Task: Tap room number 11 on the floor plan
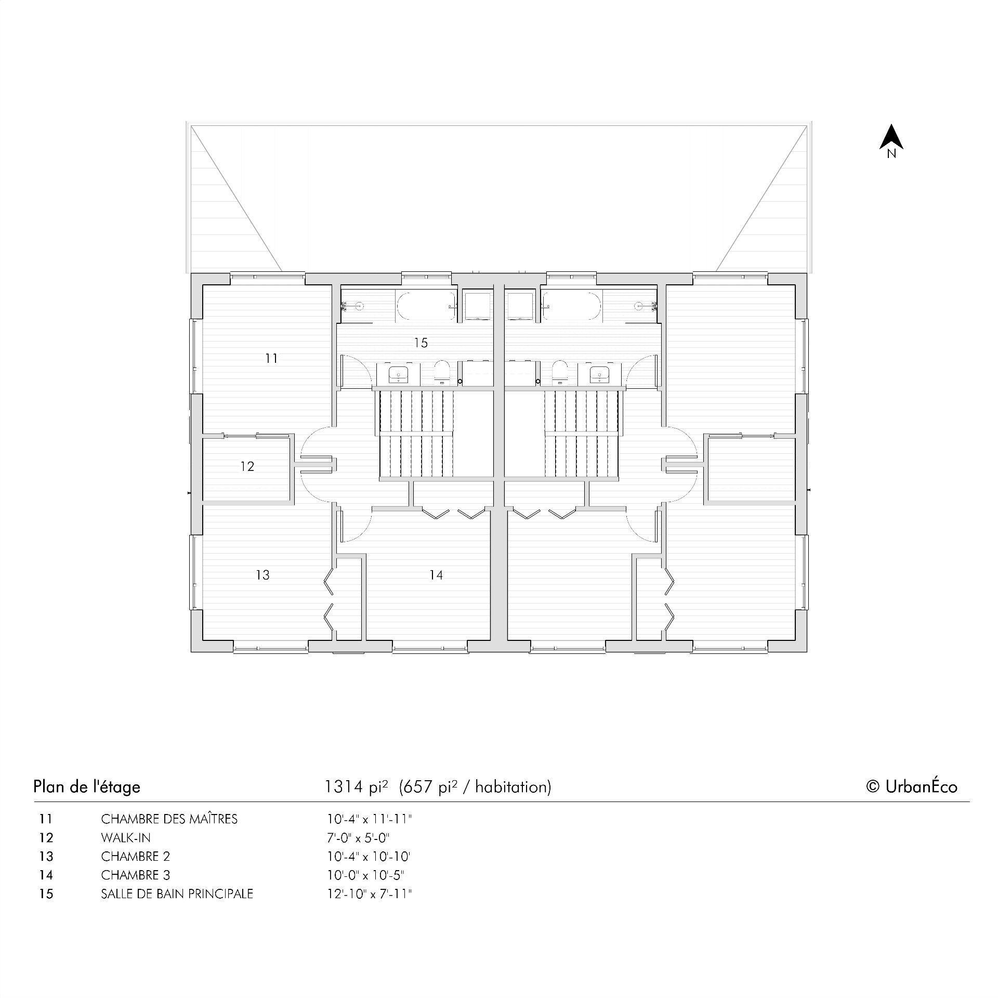[x=271, y=358]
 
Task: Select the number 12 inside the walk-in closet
[x=247, y=466]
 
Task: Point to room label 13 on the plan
[x=263, y=575]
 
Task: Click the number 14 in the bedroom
[x=436, y=575]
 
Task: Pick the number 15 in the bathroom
[x=421, y=343]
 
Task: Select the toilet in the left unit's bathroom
[x=442, y=371]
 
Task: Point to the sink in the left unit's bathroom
[x=399, y=373]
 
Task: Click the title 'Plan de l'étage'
[x=87, y=786]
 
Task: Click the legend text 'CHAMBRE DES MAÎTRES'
[x=169, y=819]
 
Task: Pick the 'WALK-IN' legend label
[x=126, y=838]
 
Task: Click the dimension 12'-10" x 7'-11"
[x=369, y=894]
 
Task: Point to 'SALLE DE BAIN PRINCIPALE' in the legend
[x=177, y=894]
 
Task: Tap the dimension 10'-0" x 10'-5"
[x=365, y=875]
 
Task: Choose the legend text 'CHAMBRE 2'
[x=135, y=857]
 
